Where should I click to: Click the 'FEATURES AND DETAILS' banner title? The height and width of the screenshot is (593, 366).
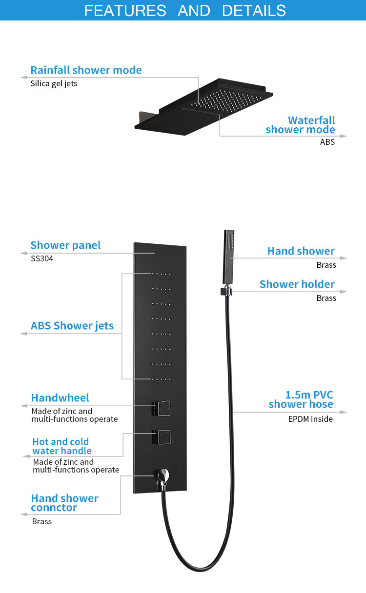(185, 11)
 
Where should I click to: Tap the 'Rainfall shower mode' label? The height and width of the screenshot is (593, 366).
(86, 70)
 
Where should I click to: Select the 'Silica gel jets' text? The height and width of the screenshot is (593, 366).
(54, 84)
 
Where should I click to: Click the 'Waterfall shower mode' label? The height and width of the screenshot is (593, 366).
(300, 125)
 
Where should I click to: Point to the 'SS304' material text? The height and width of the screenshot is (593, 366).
(42, 258)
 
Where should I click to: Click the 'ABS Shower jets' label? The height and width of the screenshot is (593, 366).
(72, 326)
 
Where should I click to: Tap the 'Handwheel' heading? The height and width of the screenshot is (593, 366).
(60, 398)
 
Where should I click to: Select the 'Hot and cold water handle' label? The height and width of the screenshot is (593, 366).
(62, 446)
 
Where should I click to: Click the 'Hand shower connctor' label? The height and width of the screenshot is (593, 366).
(64, 503)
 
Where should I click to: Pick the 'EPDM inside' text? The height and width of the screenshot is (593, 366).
(310, 419)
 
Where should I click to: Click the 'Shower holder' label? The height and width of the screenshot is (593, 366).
(297, 284)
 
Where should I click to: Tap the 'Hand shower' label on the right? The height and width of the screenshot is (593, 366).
(301, 251)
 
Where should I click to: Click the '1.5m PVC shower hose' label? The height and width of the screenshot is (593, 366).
(301, 399)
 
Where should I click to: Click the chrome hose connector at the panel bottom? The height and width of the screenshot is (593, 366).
(162, 478)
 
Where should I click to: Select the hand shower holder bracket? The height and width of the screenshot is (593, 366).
(226, 291)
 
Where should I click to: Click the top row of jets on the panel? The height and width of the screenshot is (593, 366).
(161, 274)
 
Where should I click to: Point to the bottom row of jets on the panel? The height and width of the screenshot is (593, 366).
(161, 379)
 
